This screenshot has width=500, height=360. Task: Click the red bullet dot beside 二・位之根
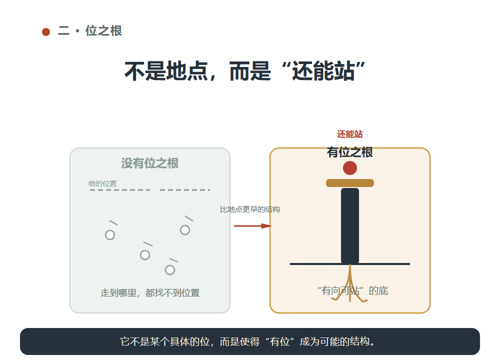pos(46,32)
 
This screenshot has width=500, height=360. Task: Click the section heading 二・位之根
pos(90,31)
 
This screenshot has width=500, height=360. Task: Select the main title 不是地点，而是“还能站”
pos(244,71)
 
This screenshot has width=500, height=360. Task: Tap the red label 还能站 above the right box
pos(350,134)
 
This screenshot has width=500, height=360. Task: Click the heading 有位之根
pos(350,152)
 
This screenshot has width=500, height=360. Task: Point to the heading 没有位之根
pos(150,163)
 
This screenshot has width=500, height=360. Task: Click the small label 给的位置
pos(102,183)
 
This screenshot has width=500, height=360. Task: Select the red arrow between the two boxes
pos(253,226)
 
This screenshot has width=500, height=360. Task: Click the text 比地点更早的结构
pos(250,209)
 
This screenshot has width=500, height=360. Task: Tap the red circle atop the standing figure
pos(350,168)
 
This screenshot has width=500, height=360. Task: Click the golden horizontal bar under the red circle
pos(350,183)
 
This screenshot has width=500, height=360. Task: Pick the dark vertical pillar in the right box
pos(350,226)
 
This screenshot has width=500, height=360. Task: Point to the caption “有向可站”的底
pos(352,290)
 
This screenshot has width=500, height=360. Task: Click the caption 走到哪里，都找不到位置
pos(150,292)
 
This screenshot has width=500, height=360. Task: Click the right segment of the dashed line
pos(185,189)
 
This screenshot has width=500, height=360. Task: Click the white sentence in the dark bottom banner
pos(247,341)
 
